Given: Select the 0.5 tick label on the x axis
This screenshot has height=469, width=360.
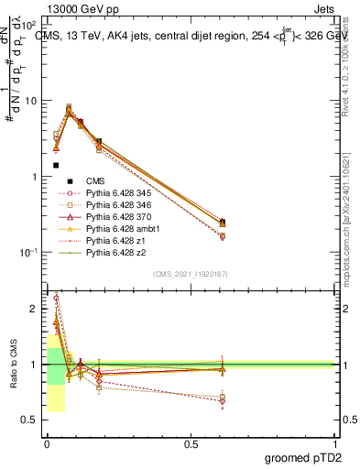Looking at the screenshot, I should (x=190, y=444).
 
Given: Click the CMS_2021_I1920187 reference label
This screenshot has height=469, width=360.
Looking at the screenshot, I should (x=190, y=274).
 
